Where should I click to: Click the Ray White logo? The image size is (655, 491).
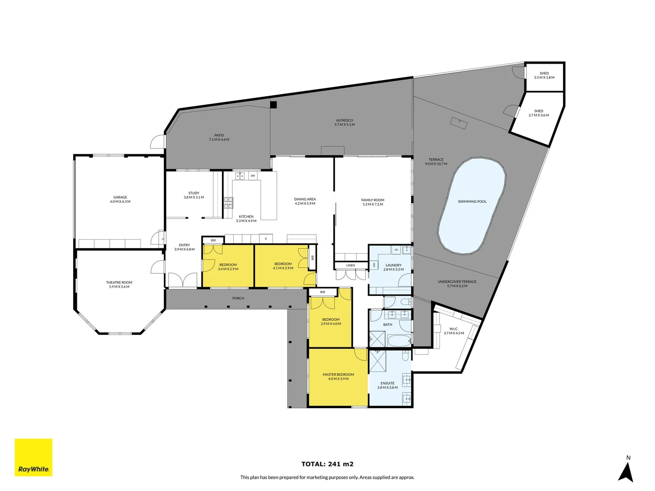point(34,457)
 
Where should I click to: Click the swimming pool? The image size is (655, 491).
point(472,205)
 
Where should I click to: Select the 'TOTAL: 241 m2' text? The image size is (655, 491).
point(327,464)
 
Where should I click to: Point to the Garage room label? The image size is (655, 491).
point(120,200)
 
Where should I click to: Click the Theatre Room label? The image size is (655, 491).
point(119,285)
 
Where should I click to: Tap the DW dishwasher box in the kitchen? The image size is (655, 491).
point(252,175)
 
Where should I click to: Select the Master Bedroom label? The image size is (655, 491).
point(338,376)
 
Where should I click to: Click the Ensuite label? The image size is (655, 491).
point(388,385)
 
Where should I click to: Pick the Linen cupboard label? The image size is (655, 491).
point(350,266)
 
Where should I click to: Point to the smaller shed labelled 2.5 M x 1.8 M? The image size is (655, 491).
point(544,75)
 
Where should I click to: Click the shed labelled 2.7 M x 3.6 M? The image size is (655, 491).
point(539,113)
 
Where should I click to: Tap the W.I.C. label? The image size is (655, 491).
point(453,331)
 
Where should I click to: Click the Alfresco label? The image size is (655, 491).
point(344,122)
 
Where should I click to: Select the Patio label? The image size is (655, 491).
point(219,137)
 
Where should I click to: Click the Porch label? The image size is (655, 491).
point(238,298)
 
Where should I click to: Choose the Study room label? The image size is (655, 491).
point(194,195)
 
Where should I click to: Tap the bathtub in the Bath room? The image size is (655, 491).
point(398,340)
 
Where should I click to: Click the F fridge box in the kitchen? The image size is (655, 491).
point(266,239)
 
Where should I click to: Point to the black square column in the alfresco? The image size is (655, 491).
point(273,105)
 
